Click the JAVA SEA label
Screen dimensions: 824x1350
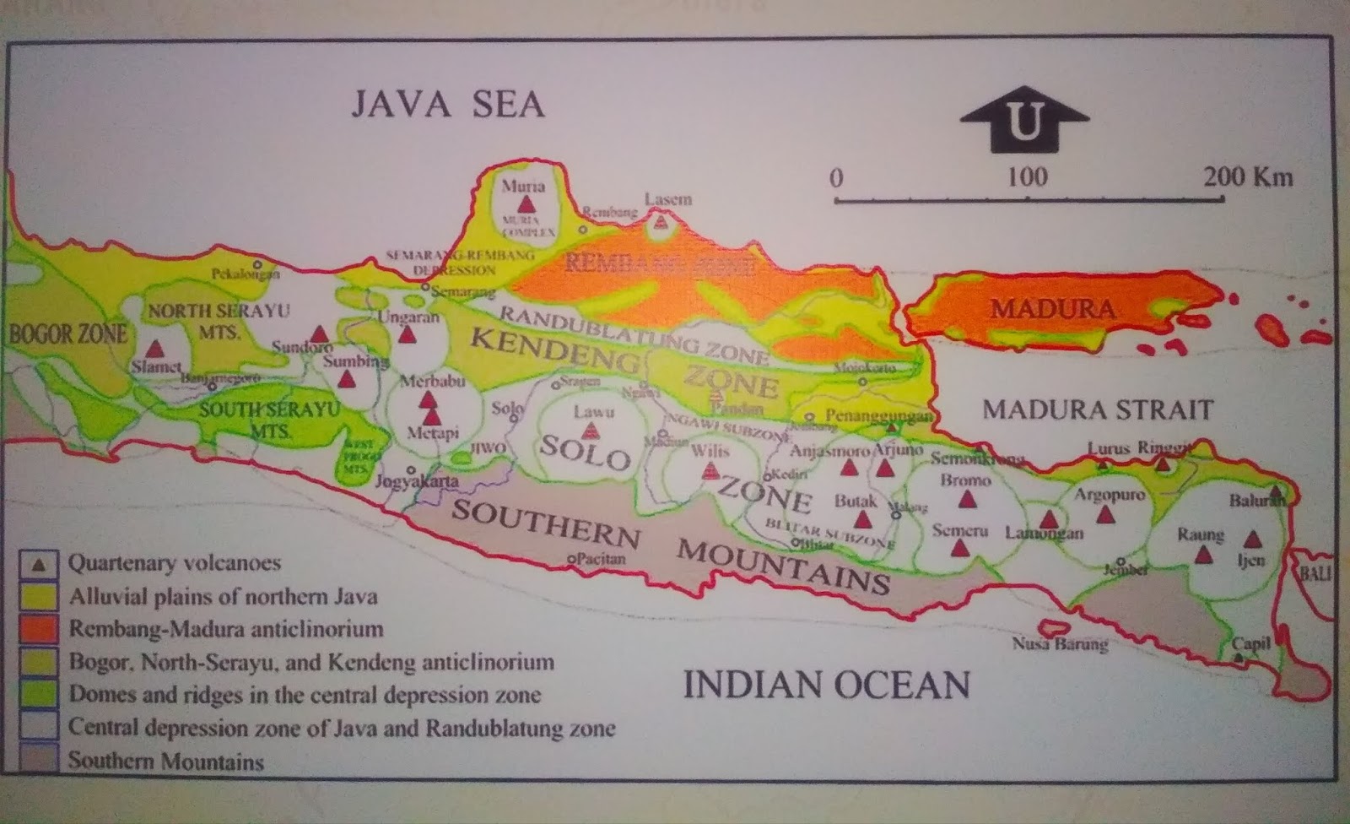click(447, 104)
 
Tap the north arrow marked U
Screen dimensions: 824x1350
click(1024, 121)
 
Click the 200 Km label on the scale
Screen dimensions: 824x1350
click(1247, 177)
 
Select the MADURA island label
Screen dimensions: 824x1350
click(1052, 309)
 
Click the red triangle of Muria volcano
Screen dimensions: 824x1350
click(527, 205)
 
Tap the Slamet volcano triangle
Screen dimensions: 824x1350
click(154, 350)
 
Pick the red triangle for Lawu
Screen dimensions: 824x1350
click(590, 431)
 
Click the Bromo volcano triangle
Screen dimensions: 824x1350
click(967, 499)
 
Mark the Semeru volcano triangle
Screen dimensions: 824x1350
click(959, 549)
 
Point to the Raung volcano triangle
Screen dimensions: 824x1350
click(1204, 555)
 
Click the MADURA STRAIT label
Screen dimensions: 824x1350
click(1097, 410)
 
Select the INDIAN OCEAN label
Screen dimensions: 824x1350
click(826, 685)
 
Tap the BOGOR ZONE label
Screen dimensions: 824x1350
click(67, 334)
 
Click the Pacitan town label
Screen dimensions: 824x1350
click(601, 559)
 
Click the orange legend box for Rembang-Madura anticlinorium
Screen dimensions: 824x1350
click(38, 629)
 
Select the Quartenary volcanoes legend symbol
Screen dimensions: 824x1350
click(38, 564)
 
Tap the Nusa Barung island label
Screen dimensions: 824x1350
click(1060, 644)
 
